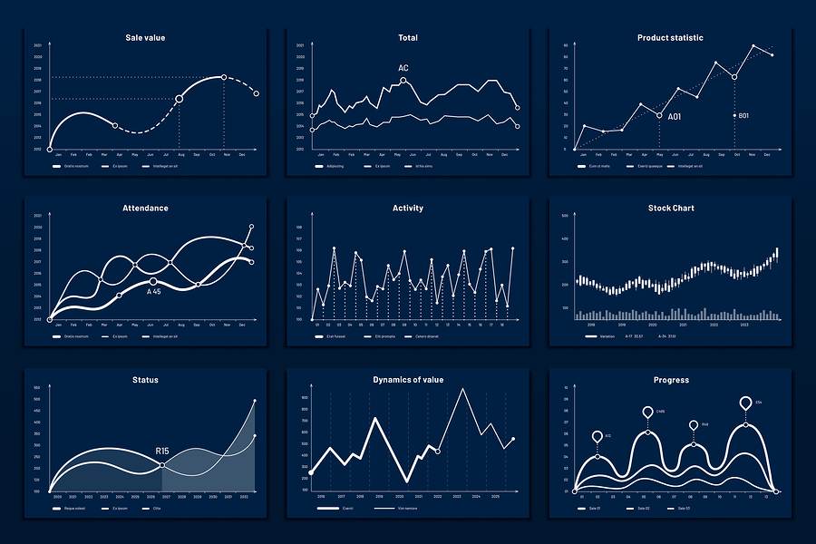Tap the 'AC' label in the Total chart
tap(403, 68)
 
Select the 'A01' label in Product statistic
tap(675, 117)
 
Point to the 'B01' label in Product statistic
tap(743, 116)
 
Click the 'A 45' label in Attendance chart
tap(154, 292)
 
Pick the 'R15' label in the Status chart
tap(162, 451)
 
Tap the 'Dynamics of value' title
tap(408, 380)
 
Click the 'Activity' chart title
tap(408, 209)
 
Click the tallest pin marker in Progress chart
tap(746, 403)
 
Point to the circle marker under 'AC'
tap(403, 81)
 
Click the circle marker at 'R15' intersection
tap(162, 465)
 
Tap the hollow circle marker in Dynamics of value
tap(438, 451)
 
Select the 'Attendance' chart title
tap(145, 209)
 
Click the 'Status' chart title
tap(145, 380)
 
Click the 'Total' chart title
tap(408, 38)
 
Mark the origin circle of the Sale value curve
tap(50, 149)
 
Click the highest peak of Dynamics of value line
tap(463, 389)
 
